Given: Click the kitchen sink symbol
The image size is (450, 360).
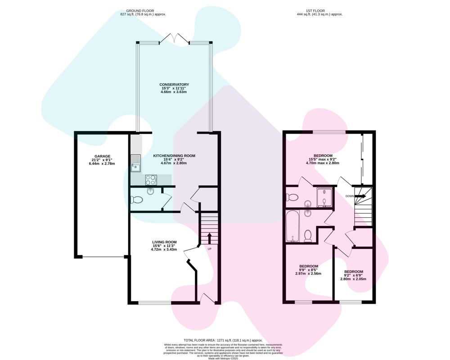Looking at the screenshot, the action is [x=135, y=163].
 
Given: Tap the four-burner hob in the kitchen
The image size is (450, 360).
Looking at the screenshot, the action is [x=151, y=180].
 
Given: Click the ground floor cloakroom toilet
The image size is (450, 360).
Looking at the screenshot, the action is [x=137, y=199].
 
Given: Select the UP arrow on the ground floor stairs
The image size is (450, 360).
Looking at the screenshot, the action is [x=209, y=238].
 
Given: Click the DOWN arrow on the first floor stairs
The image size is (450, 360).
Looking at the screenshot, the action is [x=360, y=196].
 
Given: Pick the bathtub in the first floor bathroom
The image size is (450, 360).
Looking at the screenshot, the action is [x=293, y=226].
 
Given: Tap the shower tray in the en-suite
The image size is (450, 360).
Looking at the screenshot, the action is [x=324, y=197].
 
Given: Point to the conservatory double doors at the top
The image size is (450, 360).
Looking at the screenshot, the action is [x=174, y=39].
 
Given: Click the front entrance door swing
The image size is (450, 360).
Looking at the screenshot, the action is [x=207, y=298].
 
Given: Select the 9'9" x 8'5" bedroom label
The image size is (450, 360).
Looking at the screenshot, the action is [x=309, y=270].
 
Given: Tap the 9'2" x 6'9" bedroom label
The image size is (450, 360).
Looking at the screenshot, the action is [x=354, y=275].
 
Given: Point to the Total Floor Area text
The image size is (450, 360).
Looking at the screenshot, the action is [x=223, y=340].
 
